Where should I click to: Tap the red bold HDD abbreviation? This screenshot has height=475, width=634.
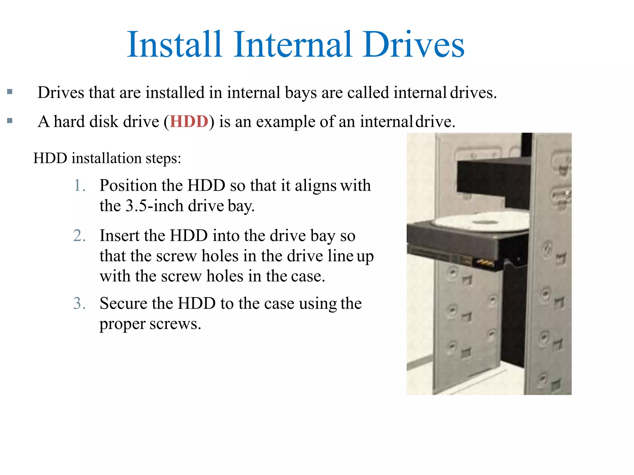[189, 122]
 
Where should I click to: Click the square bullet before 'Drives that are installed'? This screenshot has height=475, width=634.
[10, 92]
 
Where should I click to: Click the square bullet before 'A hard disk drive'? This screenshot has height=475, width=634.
[10, 121]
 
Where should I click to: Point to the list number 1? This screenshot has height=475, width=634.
[79, 186]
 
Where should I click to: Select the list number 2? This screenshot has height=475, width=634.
[79, 236]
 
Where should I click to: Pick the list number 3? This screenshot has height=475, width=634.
[79, 303]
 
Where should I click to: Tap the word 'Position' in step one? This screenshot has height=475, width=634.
[128, 186]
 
